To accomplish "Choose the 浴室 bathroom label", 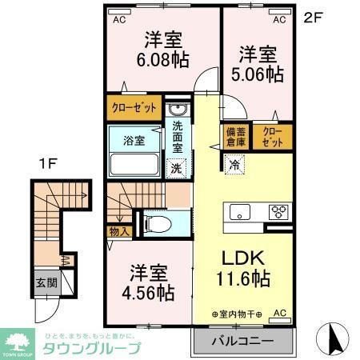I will pos(134,141).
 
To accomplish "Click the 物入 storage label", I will pos(116,230).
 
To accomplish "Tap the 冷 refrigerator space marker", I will pos(234,165).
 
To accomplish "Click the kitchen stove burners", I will pos(280,212).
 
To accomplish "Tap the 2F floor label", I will pos(311,15).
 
